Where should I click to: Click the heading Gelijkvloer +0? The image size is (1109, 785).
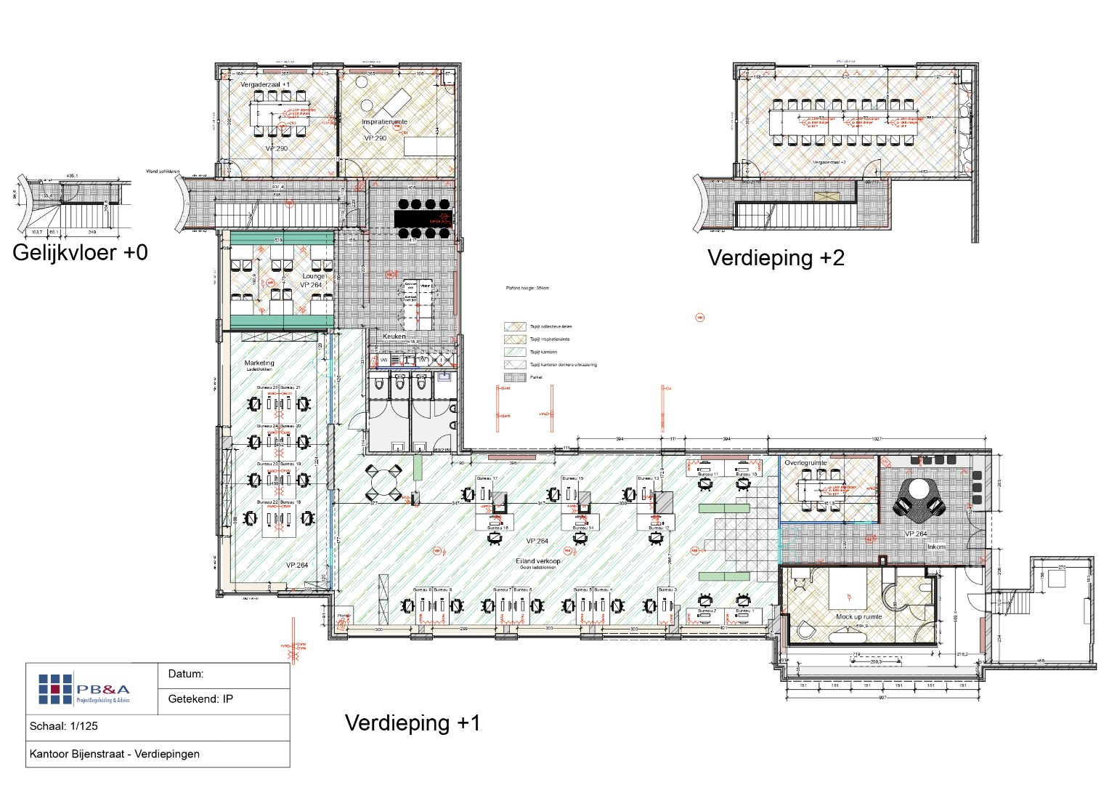(x=80, y=253)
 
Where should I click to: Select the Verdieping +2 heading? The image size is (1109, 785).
(x=776, y=258)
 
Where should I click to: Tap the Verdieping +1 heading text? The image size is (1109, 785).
(x=413, y=722)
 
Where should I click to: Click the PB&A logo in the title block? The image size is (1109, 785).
(x=84, y=690)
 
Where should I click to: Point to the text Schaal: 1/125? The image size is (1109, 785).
(x=64, y=726)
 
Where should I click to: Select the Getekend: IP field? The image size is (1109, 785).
(x=200, y=699)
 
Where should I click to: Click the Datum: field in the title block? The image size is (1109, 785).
(x=186, y=674)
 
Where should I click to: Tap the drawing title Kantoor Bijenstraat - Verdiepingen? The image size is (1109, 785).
(x=114, y=754)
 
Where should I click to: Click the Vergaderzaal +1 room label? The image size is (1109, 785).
(x=265, y=85)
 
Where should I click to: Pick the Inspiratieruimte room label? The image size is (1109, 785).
(x=384, y=122)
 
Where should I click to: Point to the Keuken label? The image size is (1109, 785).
(x=394, y=337)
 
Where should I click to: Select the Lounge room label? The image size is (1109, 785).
(x=314, y=276)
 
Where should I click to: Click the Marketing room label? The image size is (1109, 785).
(x=259, y=363)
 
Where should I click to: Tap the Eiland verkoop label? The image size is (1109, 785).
(x=538, y=561)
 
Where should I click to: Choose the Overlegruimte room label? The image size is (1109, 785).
(x=805, y=463)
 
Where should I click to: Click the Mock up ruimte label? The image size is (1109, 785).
(x=858, y=617)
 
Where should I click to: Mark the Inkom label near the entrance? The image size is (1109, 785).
(x=936, y=547)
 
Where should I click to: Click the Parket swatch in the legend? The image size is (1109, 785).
(x=515, y=377)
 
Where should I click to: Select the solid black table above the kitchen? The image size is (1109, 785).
(x=423, y=218)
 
